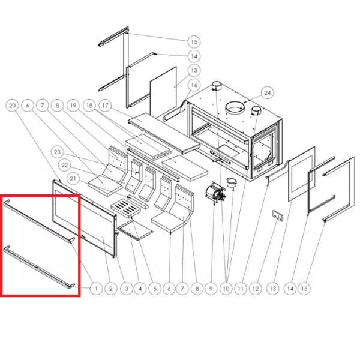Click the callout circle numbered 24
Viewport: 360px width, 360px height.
(268, 93)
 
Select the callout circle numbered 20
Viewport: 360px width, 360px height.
(12, 106)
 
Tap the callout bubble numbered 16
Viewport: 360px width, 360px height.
(194, 85)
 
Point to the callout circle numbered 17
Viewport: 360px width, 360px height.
(105, 106)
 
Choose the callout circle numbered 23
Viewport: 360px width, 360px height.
(57, 152)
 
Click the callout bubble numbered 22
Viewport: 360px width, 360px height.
(65, 165)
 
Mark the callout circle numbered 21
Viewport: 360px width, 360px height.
(73, 178)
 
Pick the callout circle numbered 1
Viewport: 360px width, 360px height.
(96, 289)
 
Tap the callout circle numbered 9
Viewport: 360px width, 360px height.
(211, 289)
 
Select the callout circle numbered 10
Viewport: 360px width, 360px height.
(226, 289)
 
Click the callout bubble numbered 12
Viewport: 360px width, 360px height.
(256, 289)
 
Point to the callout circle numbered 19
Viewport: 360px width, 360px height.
(73, 106)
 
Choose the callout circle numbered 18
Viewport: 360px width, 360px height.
(89, 106)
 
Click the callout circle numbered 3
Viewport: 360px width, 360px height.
(126, 289)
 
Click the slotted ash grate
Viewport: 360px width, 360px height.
(125, 208)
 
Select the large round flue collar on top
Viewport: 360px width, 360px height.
(235, 107)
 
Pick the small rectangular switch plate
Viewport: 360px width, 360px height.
(278, 216)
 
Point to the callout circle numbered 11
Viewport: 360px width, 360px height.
(241, 289)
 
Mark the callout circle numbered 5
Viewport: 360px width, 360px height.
(155, 289)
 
